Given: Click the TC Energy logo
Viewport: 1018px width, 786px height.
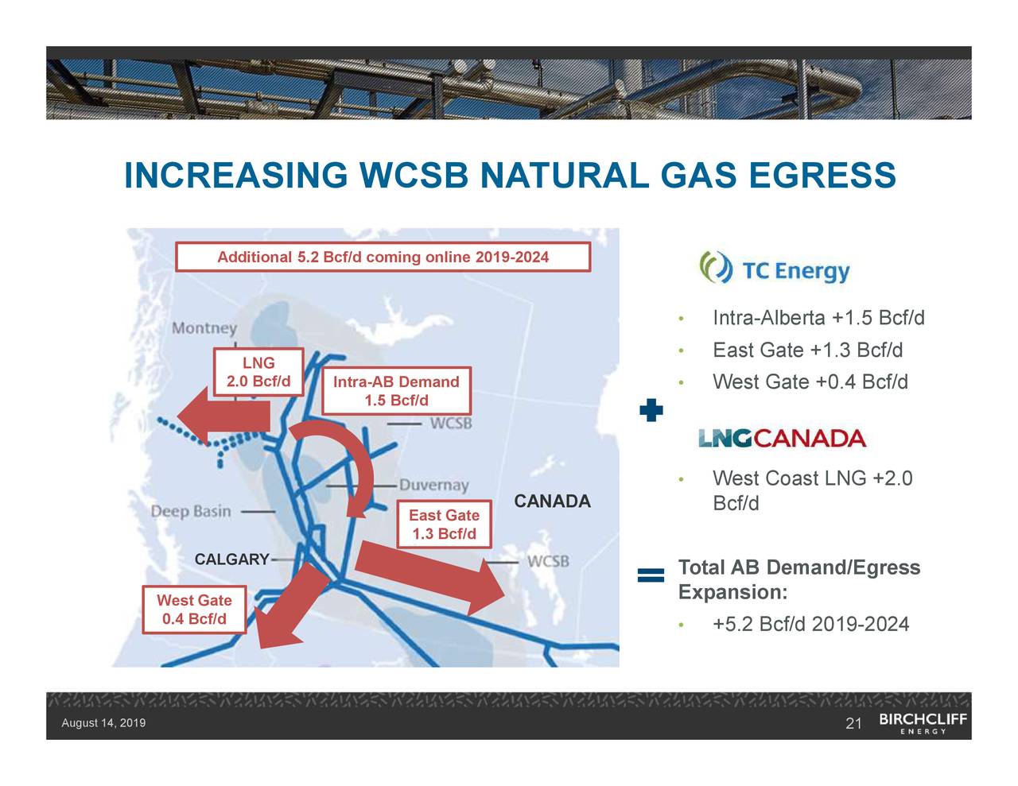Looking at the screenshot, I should point(775,269).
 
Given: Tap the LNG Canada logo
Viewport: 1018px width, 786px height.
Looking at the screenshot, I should point(782,438).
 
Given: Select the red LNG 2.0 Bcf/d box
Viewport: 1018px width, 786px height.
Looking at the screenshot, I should point(258,372).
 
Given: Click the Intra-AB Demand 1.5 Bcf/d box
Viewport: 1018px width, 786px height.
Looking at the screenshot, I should point(396,390).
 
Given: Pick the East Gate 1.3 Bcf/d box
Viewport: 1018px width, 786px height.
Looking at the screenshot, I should point(444,524).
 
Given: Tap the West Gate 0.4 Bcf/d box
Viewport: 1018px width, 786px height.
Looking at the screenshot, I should point(194,610).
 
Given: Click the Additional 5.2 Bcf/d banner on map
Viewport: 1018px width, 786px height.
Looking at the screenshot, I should point(383,257).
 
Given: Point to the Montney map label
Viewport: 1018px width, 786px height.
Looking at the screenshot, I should point(204,328).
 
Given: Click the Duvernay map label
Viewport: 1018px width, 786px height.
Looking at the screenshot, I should point(433,485).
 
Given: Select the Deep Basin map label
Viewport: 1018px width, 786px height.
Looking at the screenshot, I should point(191,511).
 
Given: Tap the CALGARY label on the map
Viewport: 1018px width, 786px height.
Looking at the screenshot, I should point(231,559).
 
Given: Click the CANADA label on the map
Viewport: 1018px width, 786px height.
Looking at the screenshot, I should point(552,501).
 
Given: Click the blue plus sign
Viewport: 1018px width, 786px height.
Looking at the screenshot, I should point(651,411).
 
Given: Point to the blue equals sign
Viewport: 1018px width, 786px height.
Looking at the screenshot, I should point(651,575).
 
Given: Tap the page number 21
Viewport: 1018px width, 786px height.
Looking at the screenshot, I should point(853,723).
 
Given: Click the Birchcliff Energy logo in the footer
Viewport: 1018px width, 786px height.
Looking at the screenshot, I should point(923,723).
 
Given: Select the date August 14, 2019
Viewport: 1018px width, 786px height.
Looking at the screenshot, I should point(103,723).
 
